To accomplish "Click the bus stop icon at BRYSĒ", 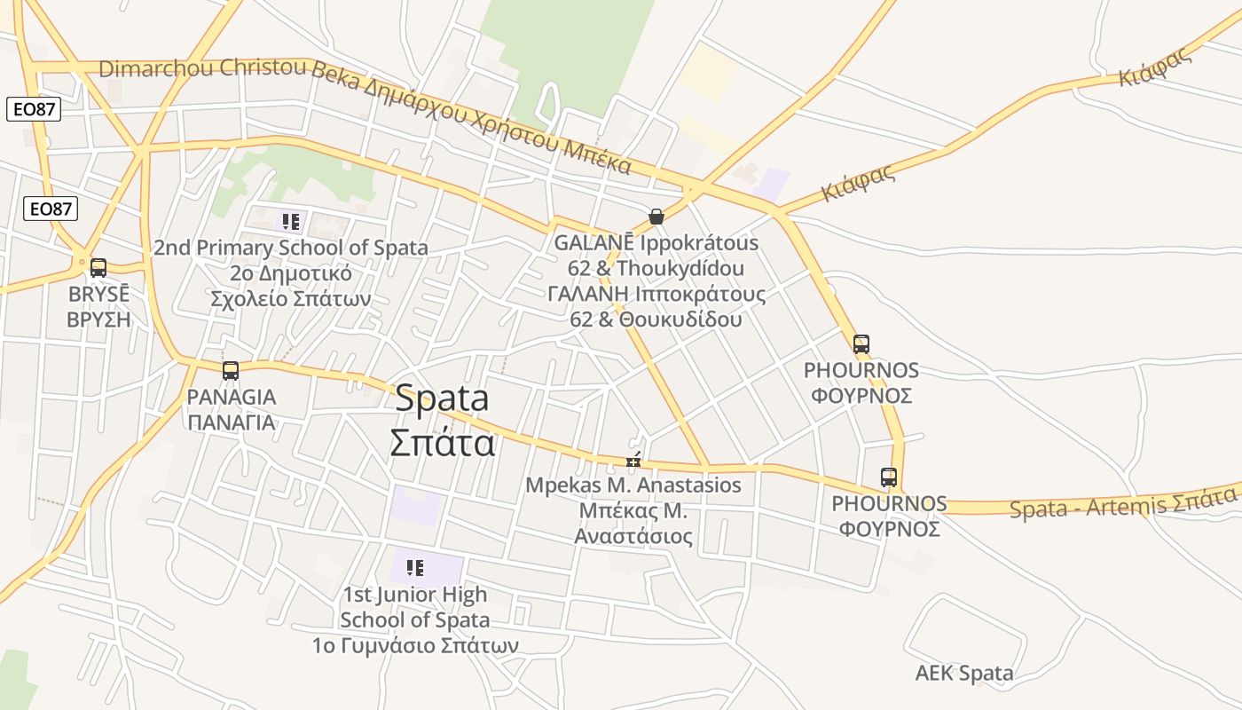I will (98, 267).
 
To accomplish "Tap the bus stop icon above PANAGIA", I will (231, 371).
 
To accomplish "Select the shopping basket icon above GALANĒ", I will (656, 217).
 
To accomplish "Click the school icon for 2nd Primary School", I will (291, 221).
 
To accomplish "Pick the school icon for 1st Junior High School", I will (414, 568).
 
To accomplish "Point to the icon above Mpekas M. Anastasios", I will (633, 460).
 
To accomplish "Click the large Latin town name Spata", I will (442, 398).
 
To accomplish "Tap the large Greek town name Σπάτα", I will (442, 441).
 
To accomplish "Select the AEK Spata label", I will (964, 674).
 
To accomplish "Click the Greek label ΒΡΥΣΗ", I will (98, 319).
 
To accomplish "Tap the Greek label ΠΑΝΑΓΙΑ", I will (232, 422).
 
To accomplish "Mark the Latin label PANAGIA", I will (232, 397).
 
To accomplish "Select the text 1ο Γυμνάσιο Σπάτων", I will (414, 645).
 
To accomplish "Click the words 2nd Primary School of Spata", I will (291, 248).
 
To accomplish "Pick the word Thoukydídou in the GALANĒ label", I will (680, 268).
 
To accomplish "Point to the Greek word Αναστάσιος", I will (633, 536).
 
